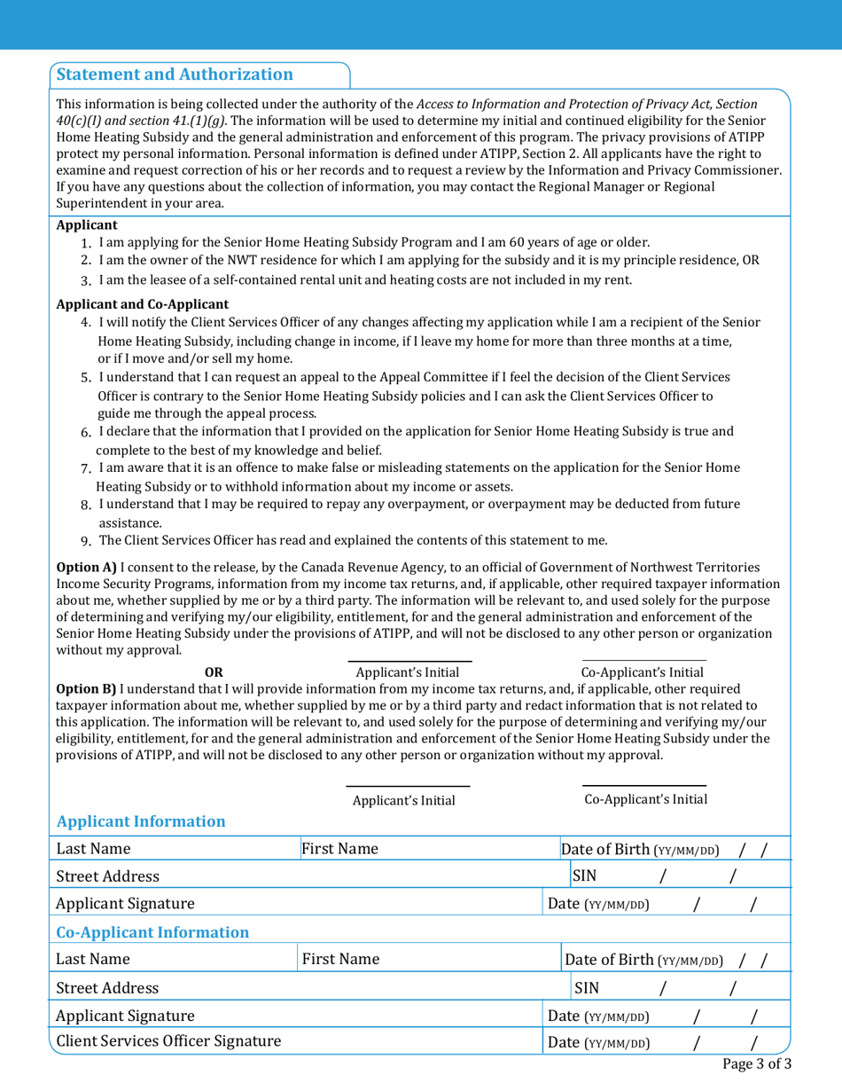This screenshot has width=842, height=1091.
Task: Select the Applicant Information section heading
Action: tap(141, 820)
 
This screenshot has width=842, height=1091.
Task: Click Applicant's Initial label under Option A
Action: tap(409, 672)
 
